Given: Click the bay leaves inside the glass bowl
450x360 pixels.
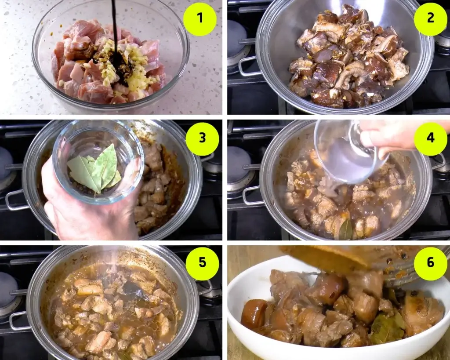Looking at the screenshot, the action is point(95,169).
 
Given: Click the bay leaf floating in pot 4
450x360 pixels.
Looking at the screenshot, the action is point(346,229).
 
